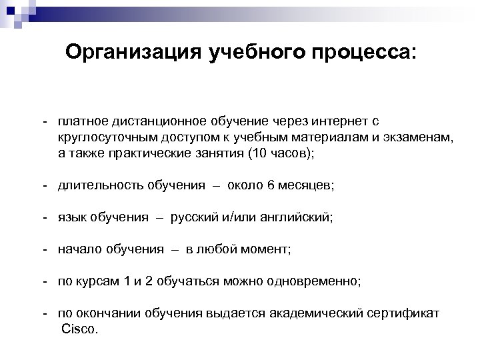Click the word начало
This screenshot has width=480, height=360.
78,249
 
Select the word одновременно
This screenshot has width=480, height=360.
318,281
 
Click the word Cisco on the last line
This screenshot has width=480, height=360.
79,329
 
